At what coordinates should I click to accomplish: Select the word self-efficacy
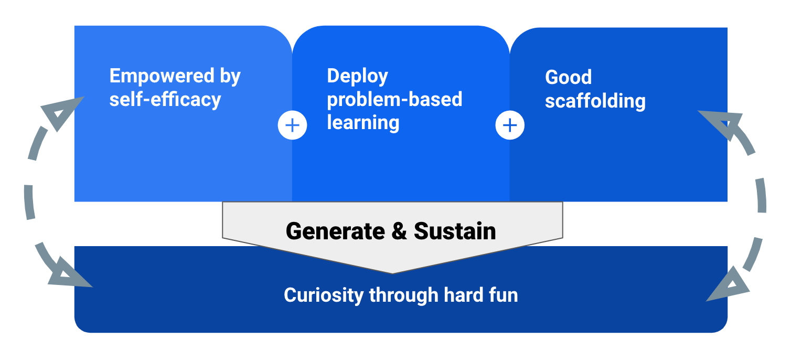pos(165,99)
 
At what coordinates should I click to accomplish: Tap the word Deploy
pos(357,77)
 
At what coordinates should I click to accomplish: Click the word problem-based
pos(394,99)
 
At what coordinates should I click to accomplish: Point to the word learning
pos(363,122)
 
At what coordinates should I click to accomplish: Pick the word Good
pos(568,78)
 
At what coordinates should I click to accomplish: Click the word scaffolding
pos(595,101)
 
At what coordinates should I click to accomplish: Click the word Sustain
pos(455,231)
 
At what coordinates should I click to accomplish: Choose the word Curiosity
pos(324,295)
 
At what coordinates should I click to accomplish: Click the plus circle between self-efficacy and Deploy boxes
pos(292,125)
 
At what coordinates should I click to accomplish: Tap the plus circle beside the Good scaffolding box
pos(510,125)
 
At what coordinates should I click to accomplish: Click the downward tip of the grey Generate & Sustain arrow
pos(392,271)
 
